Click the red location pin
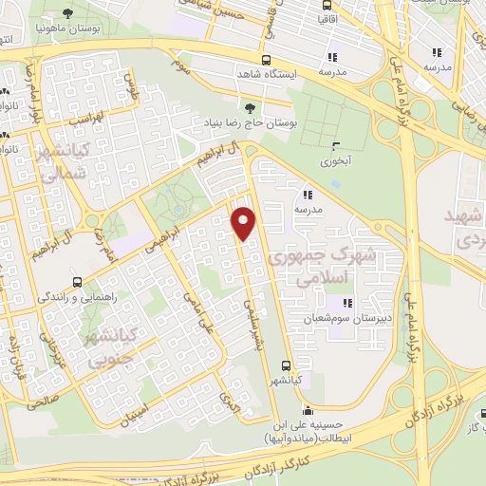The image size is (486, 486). [x=245, y=222]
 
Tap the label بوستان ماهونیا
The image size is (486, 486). [x=69, y=28]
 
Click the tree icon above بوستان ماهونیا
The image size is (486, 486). [x=69, y=13]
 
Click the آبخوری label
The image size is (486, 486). [x=335, y=160]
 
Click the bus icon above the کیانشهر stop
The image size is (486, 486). [x=287, y=364]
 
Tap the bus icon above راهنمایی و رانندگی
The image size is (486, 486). [x=77, y=281]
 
